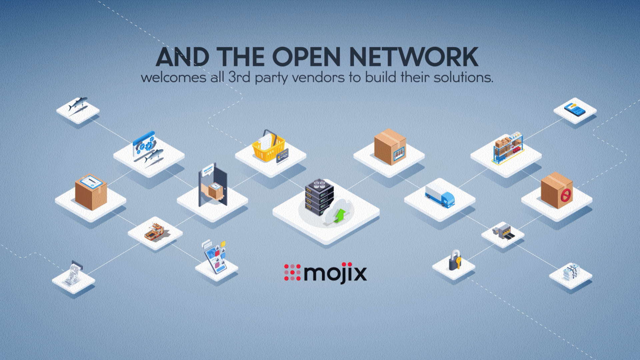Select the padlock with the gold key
455,260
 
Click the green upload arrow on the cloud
340,216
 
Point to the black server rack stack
319,197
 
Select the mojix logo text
335,273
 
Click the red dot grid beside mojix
292,272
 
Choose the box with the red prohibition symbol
557,190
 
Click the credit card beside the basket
282,155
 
